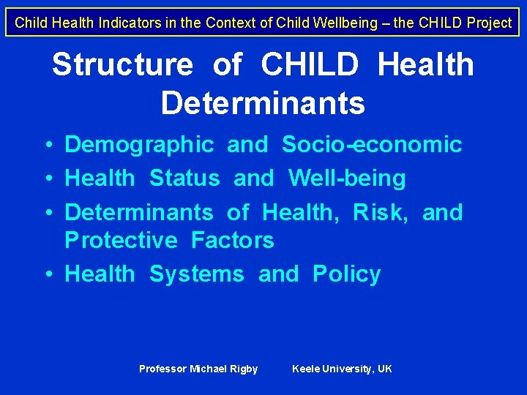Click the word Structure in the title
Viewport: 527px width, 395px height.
tap(122, 65)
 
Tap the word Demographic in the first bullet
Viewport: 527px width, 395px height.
tap(139, 145)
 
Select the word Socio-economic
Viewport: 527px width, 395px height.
tap(372, 145)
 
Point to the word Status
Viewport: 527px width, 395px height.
tap(184, 178)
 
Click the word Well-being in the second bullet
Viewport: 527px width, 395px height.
tap(347, 178)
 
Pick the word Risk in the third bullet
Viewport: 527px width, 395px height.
tap(380, 213)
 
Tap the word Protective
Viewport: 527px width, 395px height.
tap(121, 240)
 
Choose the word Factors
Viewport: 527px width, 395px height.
tap(232, 240)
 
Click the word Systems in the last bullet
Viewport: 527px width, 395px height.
tap(196, 274)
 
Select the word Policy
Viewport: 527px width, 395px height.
tap(347, 274)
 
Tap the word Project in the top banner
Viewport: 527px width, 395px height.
tap(487, 23)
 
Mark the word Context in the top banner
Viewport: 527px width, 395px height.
tap(227, 23)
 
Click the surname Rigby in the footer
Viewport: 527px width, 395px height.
tap(244, 369)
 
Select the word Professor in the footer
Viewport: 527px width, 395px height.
tap(163, 369)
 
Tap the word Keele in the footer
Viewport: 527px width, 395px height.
tap(305, 369)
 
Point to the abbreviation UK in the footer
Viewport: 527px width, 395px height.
tap(384, 369)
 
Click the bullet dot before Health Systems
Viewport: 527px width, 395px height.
tap(47, 274)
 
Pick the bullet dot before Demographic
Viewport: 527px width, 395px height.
tap(47, 145)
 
